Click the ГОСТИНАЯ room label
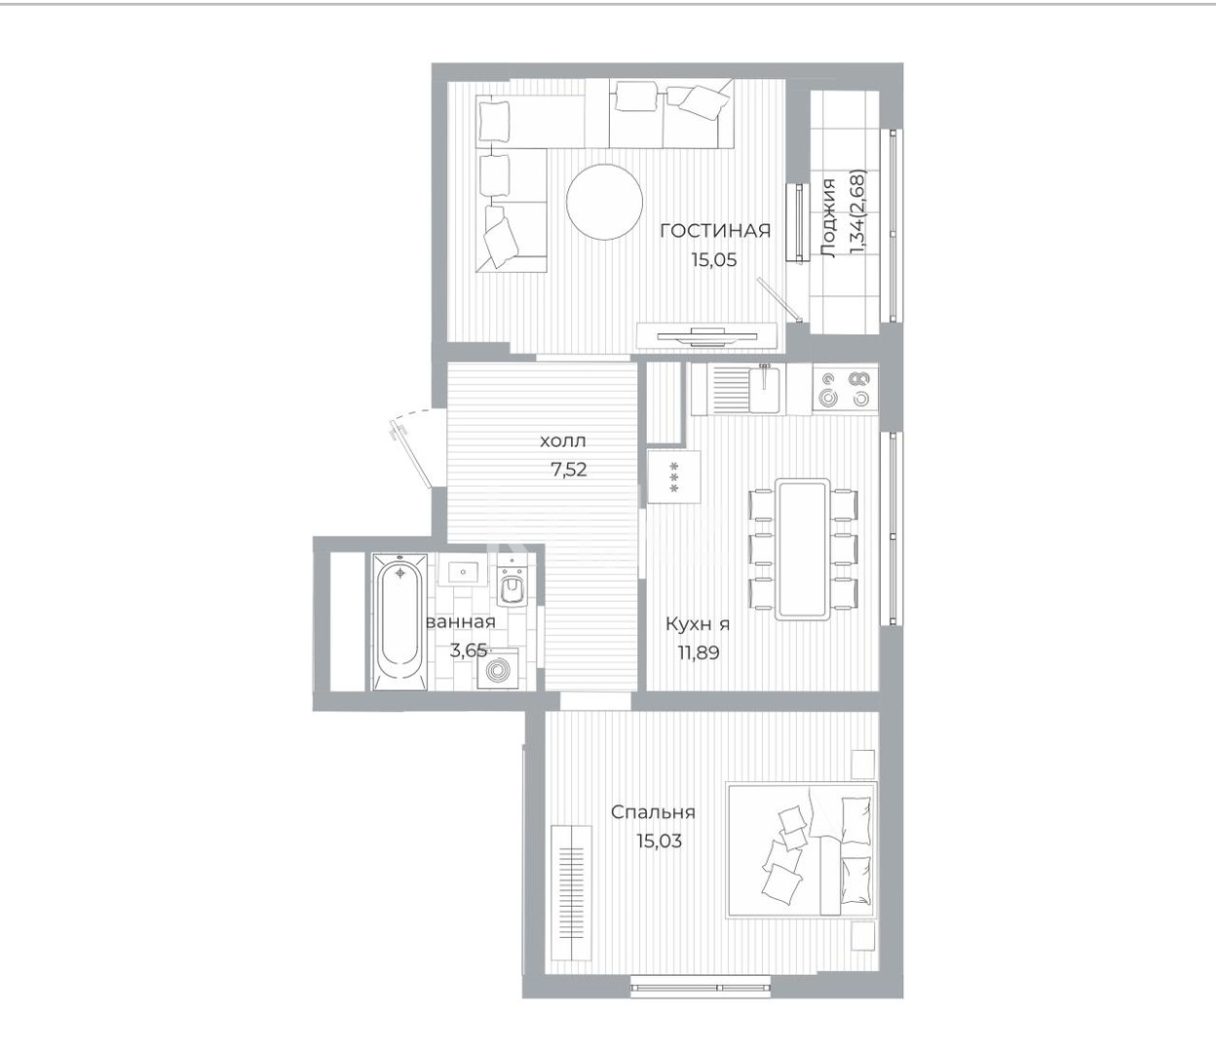[714, 231]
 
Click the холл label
[564, 442]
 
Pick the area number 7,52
[568, 468]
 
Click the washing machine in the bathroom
[499, 672]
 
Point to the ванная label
[461, 622]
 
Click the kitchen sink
[764, 388]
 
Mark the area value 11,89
[699, 652]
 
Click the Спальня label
[653, 812]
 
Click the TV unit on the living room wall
[706, 336]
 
